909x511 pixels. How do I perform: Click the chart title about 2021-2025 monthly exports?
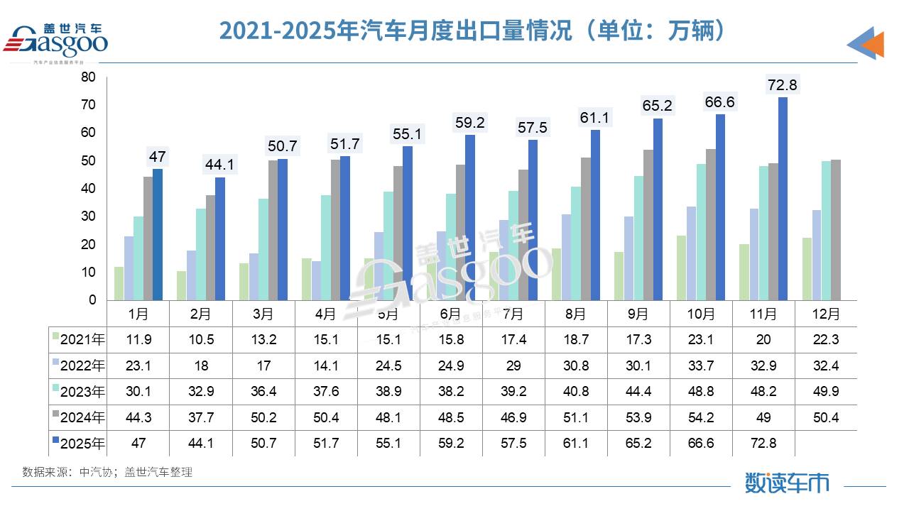tap(473, 31)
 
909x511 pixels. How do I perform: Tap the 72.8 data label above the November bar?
tap(782, 85)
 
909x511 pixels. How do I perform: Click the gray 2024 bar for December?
tap(835, 230)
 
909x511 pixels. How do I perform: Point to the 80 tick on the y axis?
tap(88, 77)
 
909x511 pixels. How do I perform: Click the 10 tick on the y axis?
tap(88, 273)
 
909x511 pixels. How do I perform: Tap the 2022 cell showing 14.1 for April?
tap(325, 366)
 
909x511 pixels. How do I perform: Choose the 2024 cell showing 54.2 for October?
tap(701, 418)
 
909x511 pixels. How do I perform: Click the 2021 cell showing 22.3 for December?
tap(825, 340)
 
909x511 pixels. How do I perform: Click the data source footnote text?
tap(107, 472)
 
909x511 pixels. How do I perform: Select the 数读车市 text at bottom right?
tap(787, 483)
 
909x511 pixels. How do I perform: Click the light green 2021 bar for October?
tap(681, 268)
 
